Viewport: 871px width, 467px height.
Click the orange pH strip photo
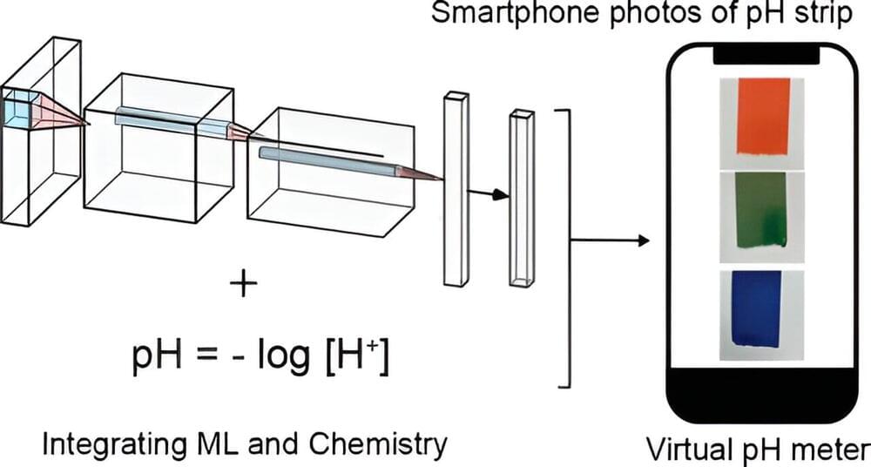point(763,116)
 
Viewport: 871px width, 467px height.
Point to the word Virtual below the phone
point(685,450)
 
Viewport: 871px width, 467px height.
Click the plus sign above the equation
point(244,285)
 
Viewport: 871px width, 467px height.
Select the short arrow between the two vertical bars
point(490,194)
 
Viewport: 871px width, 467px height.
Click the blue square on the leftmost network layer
point(17,109)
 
